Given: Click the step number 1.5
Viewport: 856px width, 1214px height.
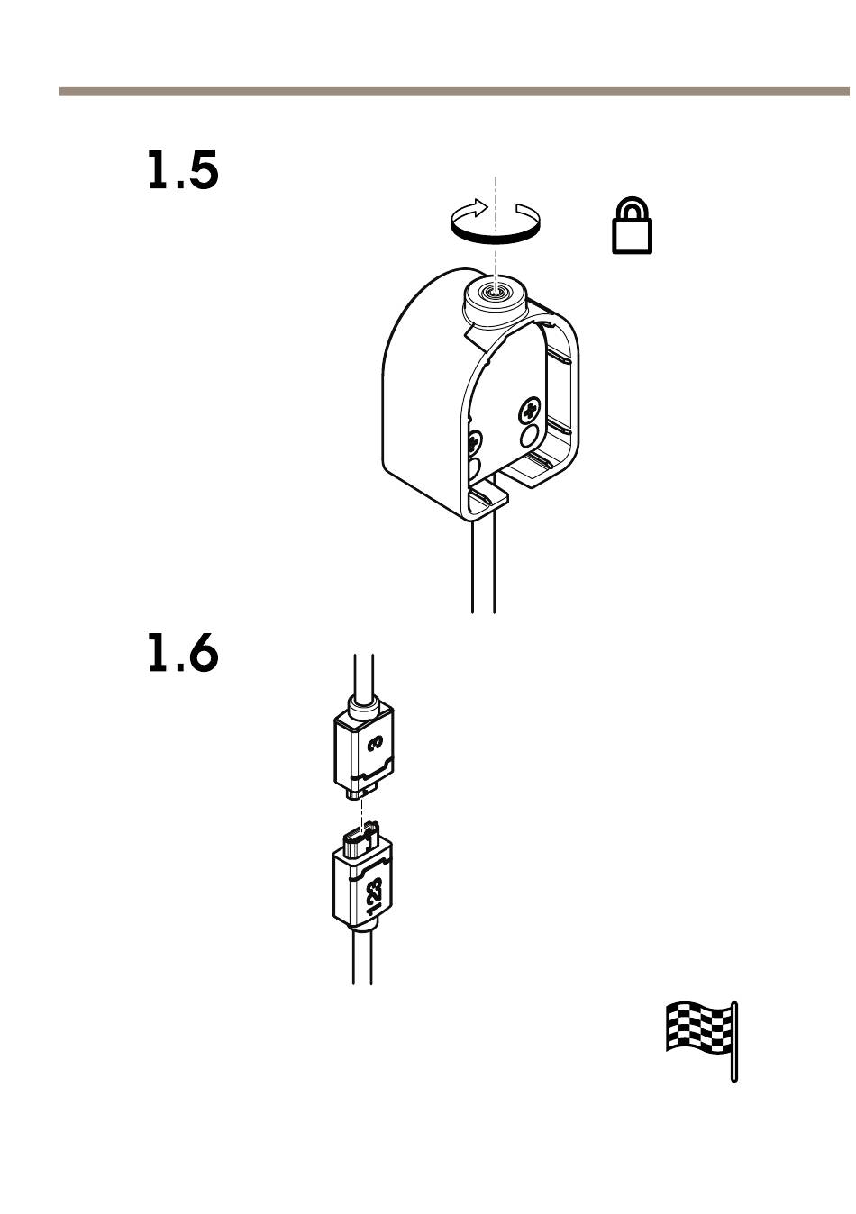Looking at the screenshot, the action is [x=183, y=170].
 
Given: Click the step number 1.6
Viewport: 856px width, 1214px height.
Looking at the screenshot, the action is [x=183, y=653].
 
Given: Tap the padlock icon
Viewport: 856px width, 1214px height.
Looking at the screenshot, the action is [x=632, y=225].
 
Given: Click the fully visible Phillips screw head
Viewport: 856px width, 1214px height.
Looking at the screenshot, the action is [x=530, y=412].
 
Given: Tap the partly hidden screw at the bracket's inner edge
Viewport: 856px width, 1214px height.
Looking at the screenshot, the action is [x=475, y=444].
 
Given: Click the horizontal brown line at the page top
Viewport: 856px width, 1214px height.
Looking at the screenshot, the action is [x=454, y=92].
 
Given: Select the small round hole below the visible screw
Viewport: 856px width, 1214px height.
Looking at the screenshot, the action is [x=529, y=435].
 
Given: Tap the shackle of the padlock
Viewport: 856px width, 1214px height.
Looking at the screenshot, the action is [x=633, y=207].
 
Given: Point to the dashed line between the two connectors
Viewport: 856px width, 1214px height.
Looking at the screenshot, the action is [x=361, y=811].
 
